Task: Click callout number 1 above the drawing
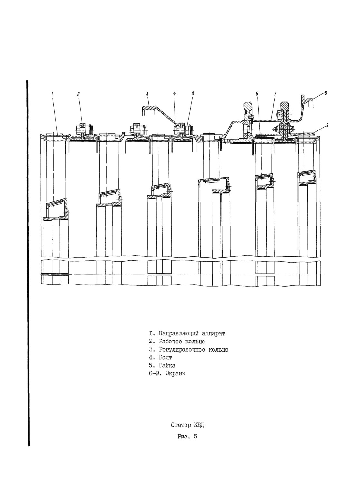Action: point(52,94)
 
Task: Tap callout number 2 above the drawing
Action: point(78,94)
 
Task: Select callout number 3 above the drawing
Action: point(147,94)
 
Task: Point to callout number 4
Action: point(175,94)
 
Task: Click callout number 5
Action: point(193,93)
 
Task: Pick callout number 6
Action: point(257,94)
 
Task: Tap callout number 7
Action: point(275,93)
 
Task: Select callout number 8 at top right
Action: point(325,93)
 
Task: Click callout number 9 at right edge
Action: point(327,125)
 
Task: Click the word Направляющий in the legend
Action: point(179,340)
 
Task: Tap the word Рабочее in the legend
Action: point(170,348)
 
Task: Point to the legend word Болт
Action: point(165,364)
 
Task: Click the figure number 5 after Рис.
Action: point(196,436)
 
